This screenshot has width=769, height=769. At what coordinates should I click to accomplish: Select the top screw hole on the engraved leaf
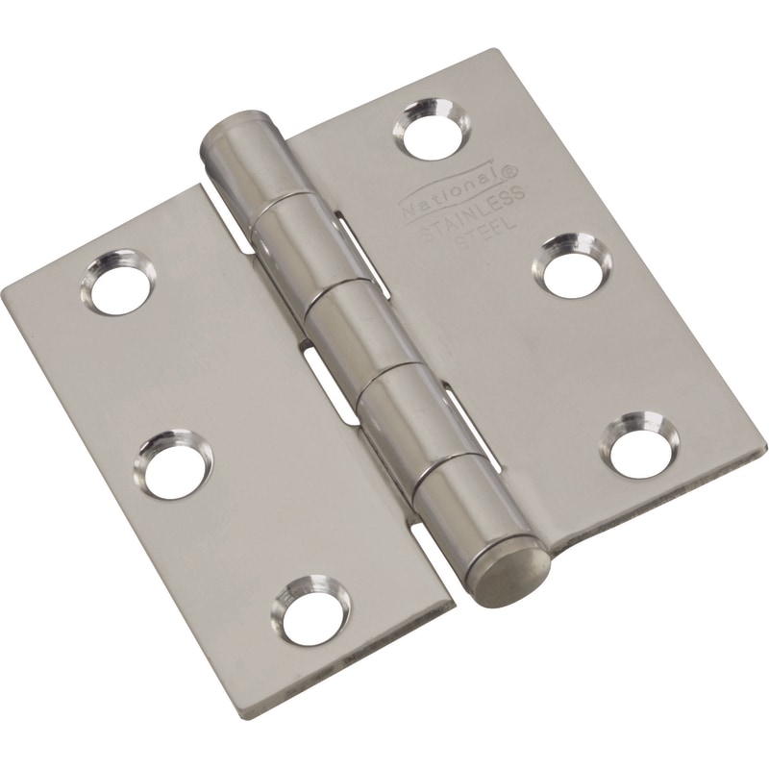click(434, 133)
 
